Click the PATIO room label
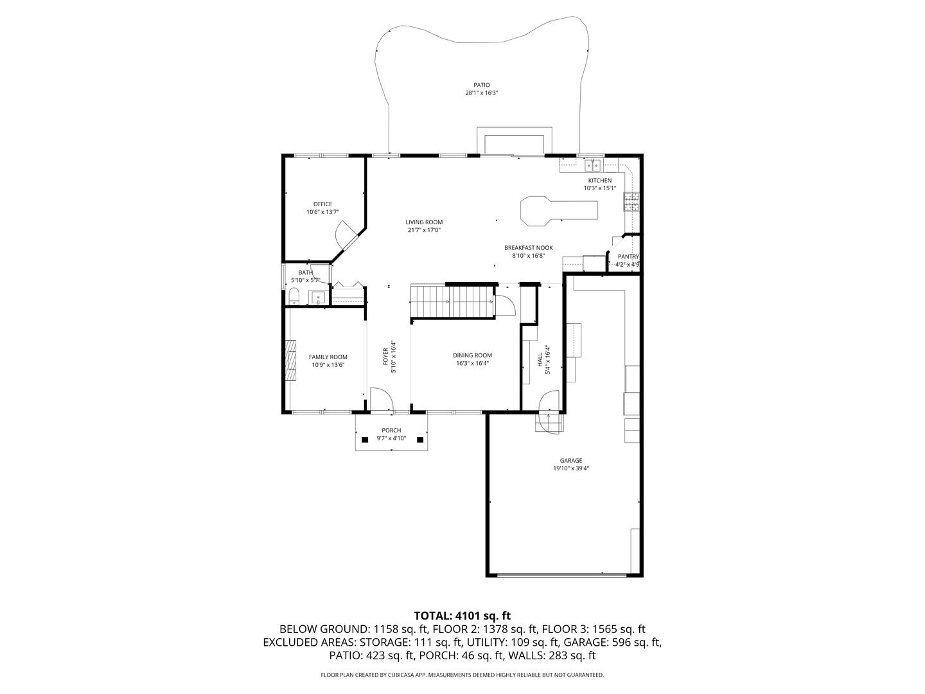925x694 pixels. (x=481, y=85)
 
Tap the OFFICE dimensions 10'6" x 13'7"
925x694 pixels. (x=323, y=212)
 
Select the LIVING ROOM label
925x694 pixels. (x=424, y=222)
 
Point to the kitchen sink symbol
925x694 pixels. (x=592, y=165)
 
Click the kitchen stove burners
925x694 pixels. (x=631, y=201)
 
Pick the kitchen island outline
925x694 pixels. (x=559, y=211)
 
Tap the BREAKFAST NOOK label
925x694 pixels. (x=529, y=248)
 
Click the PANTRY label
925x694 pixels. (x=628, y=256)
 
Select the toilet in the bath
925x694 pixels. (x=294, y=296)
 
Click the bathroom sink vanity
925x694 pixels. (x=318, y=297)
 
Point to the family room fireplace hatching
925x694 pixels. (x=290, y=360)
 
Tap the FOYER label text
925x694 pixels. (x=385, y=357)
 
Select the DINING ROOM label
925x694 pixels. (x=472, y=355)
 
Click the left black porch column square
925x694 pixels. (x=365, y=440)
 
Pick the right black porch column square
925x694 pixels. (x=419, y=440)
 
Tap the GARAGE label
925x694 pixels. (x=571, y=461)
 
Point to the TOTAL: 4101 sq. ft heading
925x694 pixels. (x=463, y=616)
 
